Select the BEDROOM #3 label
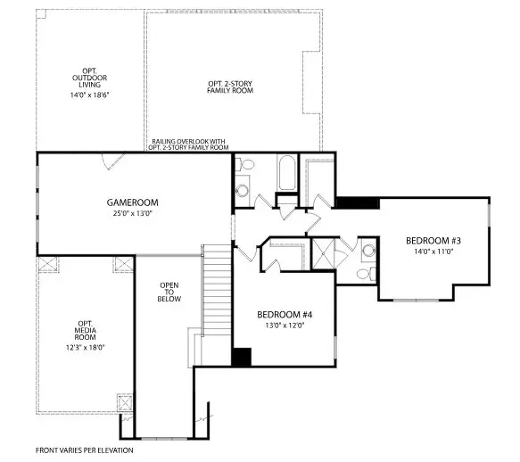click(433, 241)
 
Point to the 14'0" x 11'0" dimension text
click(433, 252)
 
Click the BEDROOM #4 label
click(284, 315)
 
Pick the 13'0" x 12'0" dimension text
click(284, 326)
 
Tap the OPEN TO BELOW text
click(169, 292)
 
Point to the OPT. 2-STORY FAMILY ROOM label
click(234, 87)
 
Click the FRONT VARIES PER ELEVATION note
click(84, 450)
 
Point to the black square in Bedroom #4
click(241, 356)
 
